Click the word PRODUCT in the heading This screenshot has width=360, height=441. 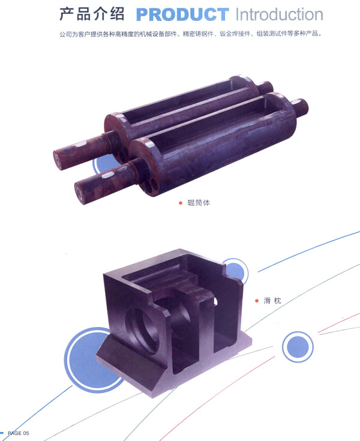point(182,14)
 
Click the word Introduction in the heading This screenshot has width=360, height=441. point(279,14)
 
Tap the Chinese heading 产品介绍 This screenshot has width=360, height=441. point(92,14)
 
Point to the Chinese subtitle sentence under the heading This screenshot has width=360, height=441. point(190,34)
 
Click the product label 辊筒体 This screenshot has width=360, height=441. point(199,203)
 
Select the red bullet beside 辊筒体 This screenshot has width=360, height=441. point(181,203)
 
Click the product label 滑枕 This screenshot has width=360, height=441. point(272,301)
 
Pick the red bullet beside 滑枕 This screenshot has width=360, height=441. point(257,301)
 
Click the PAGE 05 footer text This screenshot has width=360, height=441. point(18,433)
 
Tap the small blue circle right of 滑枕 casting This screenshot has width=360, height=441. point(298,347)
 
